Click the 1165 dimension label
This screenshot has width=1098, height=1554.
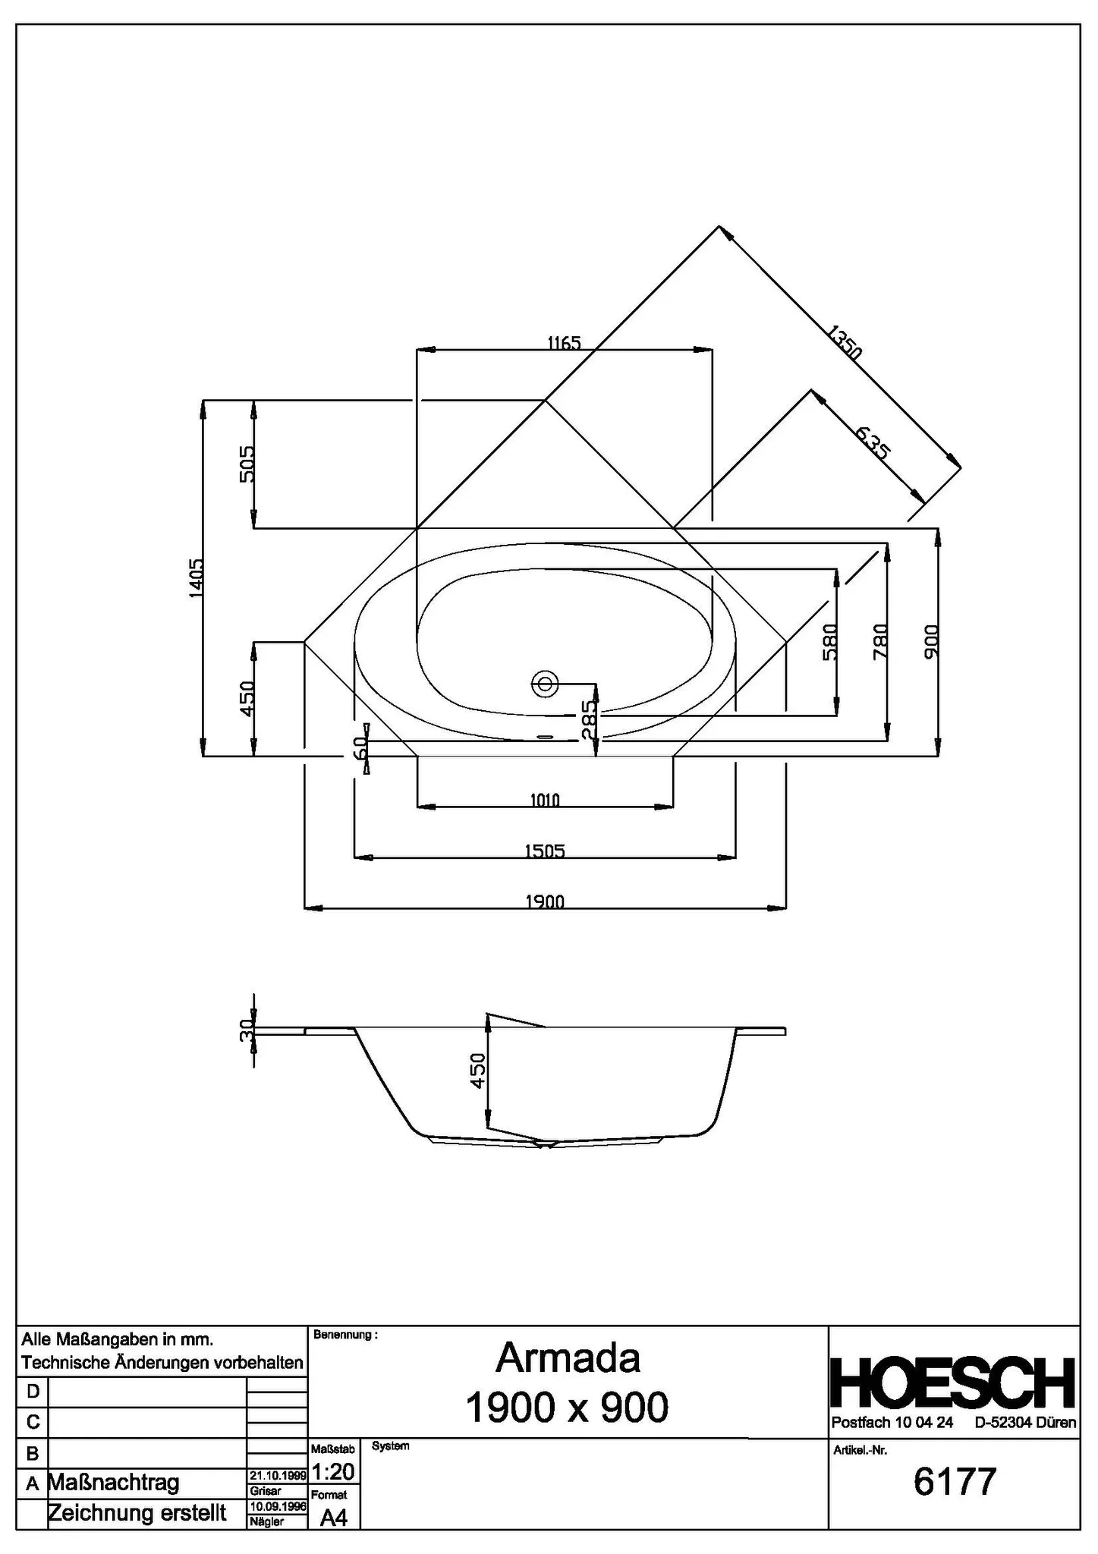564,343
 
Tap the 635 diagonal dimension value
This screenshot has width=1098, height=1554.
872,443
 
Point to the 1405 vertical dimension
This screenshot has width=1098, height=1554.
196,577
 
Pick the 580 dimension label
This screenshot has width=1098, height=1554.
829,641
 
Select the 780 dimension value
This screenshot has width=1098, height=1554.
880,641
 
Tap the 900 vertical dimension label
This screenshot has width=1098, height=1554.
932,641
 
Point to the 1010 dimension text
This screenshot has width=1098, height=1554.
545,800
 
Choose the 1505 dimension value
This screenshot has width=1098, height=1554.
545,851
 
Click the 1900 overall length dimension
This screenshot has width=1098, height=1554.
545,901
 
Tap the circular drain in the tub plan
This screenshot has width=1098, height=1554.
544,683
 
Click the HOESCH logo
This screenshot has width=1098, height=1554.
954,1383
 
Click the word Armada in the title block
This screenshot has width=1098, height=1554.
568,1358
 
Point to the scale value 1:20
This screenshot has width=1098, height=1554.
333,1472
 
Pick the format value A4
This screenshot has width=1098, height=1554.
333,1517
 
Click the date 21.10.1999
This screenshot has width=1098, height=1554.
278,1475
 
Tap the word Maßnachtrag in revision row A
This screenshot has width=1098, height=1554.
114,1483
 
